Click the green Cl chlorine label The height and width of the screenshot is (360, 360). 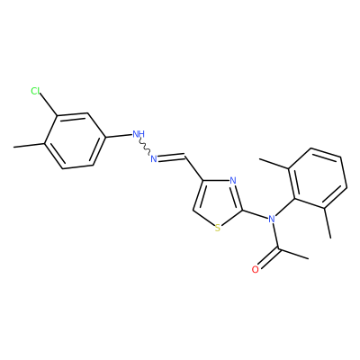point(35,91)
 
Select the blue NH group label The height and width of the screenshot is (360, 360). point(139,134)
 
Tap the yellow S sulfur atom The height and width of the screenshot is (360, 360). point(218,229)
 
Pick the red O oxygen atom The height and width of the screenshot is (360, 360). point(255,269)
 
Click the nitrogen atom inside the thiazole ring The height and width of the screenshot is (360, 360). point(233,181)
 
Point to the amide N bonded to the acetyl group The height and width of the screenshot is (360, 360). point(272,219)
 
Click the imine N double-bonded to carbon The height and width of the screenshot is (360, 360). point(154,158)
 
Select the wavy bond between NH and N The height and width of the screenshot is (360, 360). point(145,147)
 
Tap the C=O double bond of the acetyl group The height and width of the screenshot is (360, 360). point(268,258)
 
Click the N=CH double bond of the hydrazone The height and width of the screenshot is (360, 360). point(171,157)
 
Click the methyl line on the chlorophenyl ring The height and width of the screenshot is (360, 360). point(30,146)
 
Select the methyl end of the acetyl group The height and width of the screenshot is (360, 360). point(293,254)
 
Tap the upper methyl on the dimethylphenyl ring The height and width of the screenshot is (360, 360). point(274,165)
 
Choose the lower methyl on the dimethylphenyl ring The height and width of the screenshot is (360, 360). point(328,222)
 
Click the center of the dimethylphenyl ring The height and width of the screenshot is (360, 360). point(318,178)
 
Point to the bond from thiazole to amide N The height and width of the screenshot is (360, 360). point(255,214)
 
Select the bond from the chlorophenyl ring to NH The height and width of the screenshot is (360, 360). point(119,136)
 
